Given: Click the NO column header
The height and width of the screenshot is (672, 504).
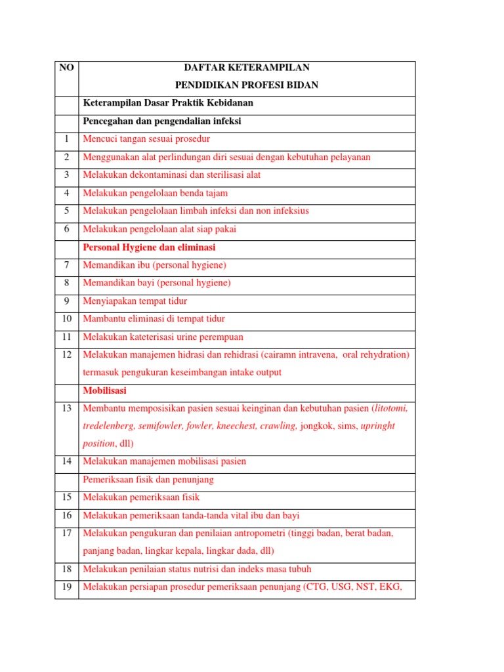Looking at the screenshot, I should point(66,68).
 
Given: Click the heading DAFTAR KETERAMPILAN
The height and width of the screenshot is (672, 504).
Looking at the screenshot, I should point(247,68).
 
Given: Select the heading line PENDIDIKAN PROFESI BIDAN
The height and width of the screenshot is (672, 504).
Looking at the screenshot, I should point(247,85).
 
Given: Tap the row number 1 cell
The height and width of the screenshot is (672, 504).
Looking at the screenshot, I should point(66,139).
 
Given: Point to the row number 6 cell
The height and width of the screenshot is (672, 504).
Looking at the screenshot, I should point(66,229).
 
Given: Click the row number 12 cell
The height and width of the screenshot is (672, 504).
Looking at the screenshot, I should point(66,355).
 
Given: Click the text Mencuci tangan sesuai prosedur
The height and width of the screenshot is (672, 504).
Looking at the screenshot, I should point(146,139).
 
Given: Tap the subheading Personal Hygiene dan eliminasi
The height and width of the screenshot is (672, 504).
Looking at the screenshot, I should point(149,247).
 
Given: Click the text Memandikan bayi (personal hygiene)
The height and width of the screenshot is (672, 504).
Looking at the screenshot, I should point(156,283).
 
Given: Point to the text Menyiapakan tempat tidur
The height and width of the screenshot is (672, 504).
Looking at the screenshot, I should point(135,301).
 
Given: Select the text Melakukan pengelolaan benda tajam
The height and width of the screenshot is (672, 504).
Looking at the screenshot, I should point(155,193).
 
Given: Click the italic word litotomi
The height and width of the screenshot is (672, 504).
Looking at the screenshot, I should point(388,408).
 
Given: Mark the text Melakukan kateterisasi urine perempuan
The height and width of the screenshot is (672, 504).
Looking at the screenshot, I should point(163,337).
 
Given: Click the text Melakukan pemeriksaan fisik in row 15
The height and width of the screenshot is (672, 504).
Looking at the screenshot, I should point(141,497).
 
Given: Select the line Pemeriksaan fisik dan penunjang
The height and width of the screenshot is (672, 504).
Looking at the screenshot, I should point(148,480).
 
